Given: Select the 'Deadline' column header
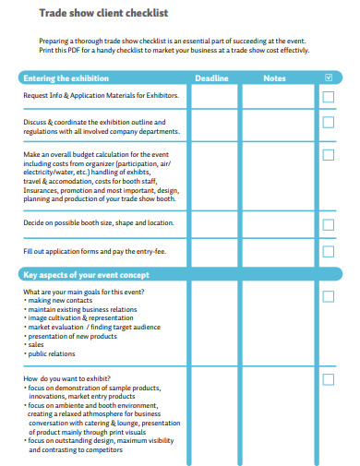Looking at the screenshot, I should [x=211, y=78].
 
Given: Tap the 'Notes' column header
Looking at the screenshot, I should [x=274, y=78].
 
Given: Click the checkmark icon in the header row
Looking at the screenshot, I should [x=329, y=78].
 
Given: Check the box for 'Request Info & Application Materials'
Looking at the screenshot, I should [x=329, y=96].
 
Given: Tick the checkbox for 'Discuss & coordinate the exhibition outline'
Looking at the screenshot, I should [x=329, y=122].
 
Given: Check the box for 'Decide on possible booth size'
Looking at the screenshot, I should [x=329, y=224].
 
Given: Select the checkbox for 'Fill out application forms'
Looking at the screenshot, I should [x=329, y=252].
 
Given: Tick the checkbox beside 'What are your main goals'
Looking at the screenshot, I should [x=329, y=296].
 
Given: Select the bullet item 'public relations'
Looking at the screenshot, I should [x=54, y=353].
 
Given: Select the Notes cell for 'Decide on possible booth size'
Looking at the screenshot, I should [x=276, y=224].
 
